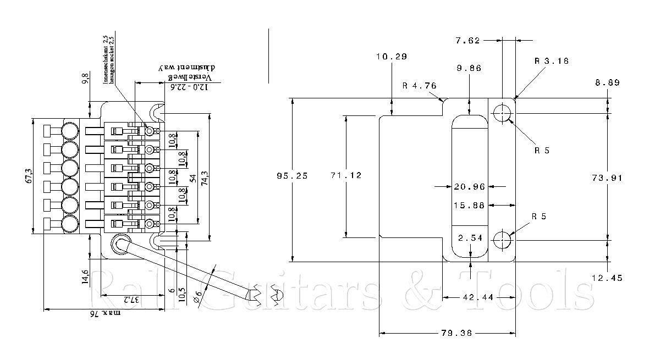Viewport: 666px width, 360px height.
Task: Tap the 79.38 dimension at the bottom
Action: click(458, 333)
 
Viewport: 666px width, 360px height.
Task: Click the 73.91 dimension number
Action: click(607, 178)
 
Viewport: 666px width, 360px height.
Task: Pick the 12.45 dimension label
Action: click(607, 278)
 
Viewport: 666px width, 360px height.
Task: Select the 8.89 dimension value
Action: click(607, 83)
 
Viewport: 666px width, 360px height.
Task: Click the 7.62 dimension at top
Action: click(468, 40)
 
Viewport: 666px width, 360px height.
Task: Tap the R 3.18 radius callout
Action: click(552, 61)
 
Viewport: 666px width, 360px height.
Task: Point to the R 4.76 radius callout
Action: click(420, 85)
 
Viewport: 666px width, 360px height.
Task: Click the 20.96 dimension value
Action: click(469, 187)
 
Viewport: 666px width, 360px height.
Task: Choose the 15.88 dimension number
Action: click(469, 205)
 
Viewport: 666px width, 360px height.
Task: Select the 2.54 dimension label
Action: click(469, 238)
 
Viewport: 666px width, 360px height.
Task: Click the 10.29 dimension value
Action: click(391, 56)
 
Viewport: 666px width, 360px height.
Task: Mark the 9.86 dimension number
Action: click(469, 69)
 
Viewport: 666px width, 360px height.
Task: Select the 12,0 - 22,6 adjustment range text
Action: click(179, 86)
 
